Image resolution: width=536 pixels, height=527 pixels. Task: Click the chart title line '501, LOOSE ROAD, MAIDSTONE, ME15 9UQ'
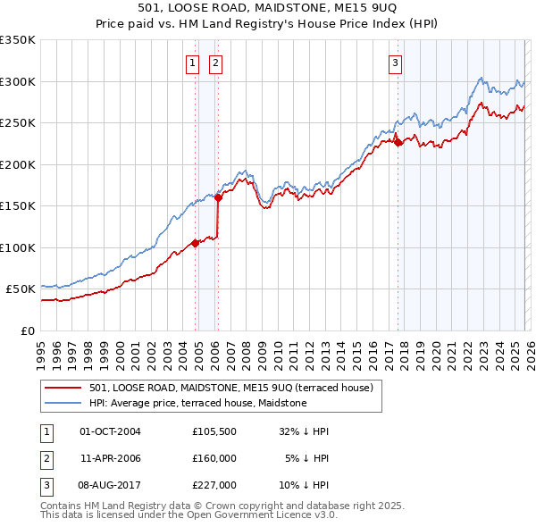coord(268,8)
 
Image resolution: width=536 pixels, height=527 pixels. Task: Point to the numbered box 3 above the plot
coord(395,63)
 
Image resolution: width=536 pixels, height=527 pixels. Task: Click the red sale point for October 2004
coord(195,242)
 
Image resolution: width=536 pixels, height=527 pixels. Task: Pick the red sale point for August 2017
coord(398,142)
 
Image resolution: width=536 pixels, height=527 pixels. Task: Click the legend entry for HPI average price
coord(197,403)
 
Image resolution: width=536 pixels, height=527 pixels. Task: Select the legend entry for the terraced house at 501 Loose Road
coord(236,387)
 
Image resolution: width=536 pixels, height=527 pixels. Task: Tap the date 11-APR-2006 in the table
coord(110,458)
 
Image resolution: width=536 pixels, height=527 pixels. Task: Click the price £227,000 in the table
coord(214,486)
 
